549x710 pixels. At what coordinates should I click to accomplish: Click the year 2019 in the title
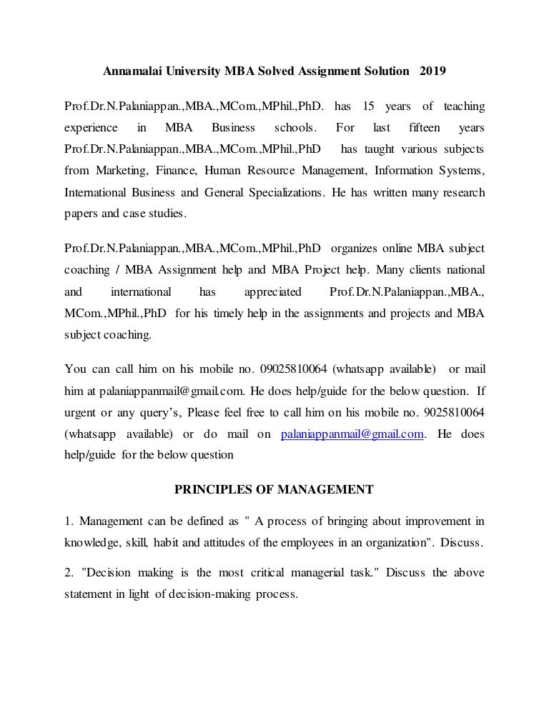pyautogui.click(x=432, y=72)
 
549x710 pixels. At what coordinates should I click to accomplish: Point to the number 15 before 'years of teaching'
pyautogui.click(x=369, y=106)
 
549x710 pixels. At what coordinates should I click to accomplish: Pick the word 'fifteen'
pyautogui.click(x=425, y=128)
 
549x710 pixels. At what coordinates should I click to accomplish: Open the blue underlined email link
pyautogui.click(x=352, y=434)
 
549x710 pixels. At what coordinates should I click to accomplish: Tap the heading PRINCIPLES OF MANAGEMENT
pyautogui.click(x=274, y=489)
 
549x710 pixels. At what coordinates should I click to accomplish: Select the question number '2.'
pyautogui.click(x=69, y=574)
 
